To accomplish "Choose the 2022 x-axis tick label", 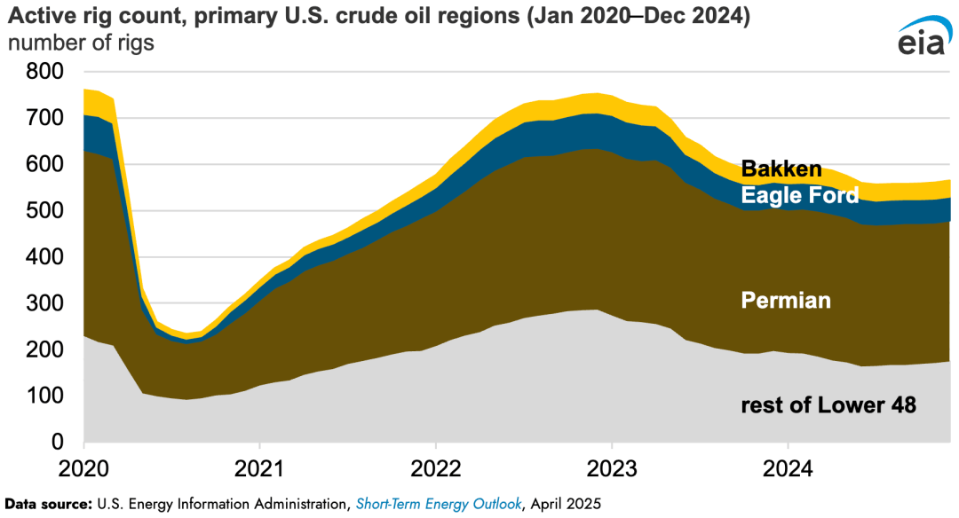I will point(435,467).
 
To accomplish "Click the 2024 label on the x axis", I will point(789,467).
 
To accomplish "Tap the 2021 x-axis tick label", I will point(259,467).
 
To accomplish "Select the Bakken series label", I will point(781,169).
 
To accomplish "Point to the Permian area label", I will point(786,301).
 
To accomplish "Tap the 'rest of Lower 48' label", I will point(828,406).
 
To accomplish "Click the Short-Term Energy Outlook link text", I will point(438,504).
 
